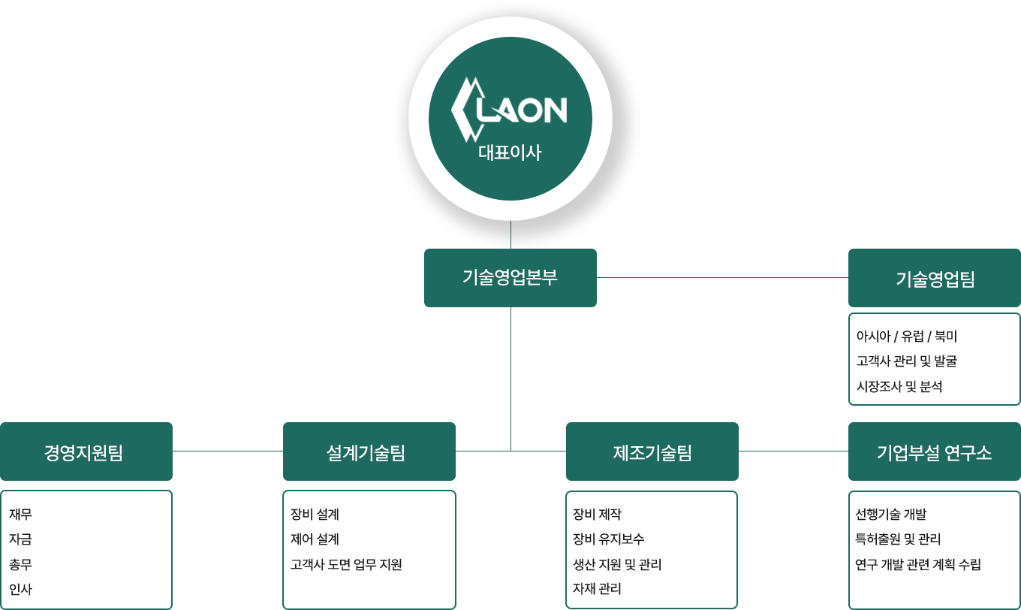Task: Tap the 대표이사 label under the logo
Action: click(510, 152)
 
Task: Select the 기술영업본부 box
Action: click(510, 277)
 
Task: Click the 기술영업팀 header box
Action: click(935, 279)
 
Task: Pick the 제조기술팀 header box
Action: click(652, 452)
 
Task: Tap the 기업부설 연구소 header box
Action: click(934, 452)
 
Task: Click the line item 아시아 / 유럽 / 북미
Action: click(906, 336)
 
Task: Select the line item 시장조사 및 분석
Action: click(899, 387)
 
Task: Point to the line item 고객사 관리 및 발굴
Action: click(907, 361)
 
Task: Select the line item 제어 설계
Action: click(315, 539)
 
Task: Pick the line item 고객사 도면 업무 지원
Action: click(346, 564)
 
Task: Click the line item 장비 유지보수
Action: click(609, 539)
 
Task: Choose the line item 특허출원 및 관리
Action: click(898, 539)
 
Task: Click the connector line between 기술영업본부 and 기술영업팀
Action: click(722, 277)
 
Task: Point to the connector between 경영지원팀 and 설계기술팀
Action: click(227, 451)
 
